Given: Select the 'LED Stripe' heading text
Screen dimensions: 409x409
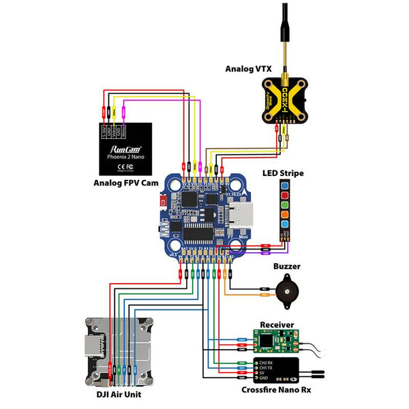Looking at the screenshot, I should pos(283,173).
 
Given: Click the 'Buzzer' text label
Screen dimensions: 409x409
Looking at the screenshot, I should pos(288,267).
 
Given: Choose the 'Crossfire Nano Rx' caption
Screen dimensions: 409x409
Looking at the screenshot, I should pos(277,390).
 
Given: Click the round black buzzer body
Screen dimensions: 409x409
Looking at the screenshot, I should pos(286,290).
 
